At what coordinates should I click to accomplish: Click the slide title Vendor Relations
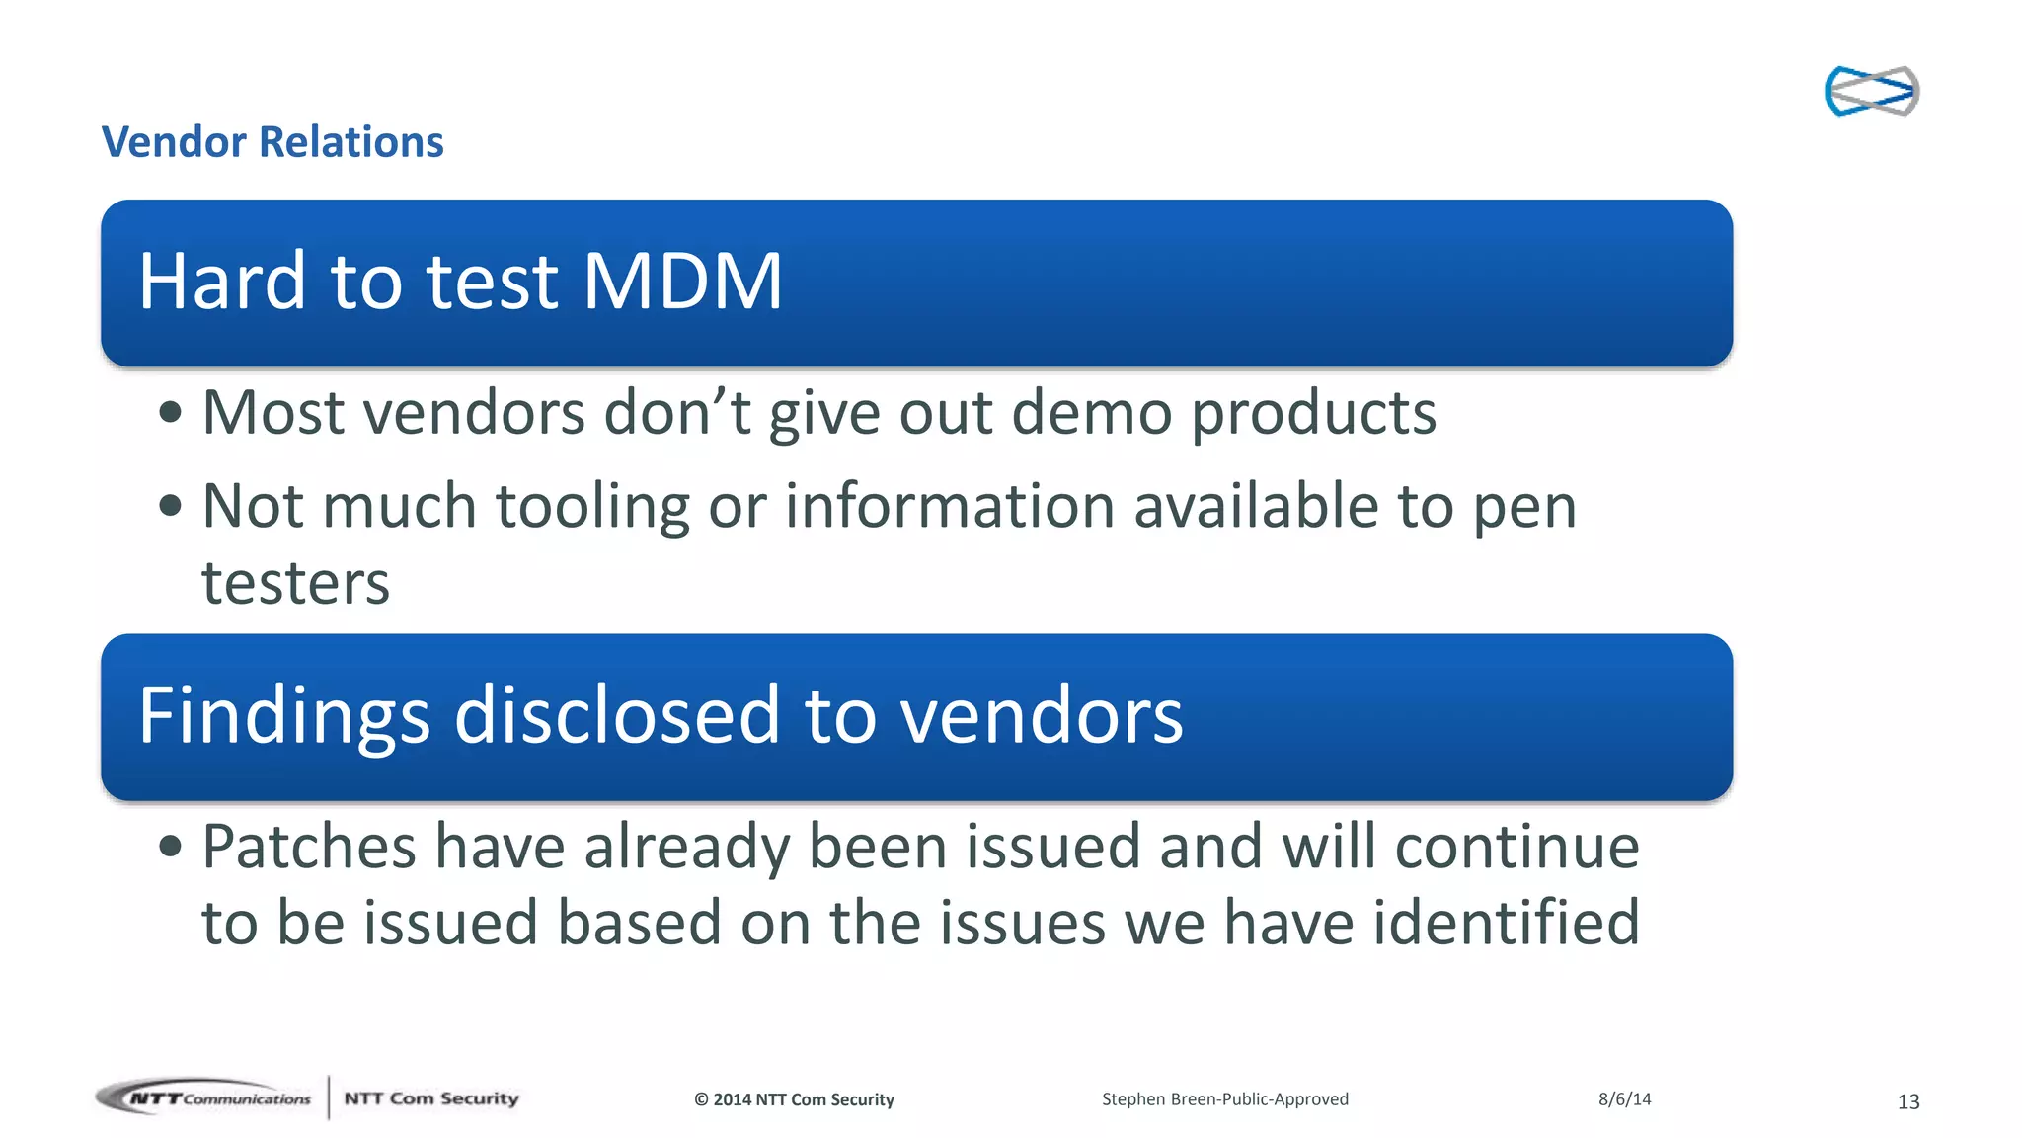(272, 142)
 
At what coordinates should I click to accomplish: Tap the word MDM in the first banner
(682, 283)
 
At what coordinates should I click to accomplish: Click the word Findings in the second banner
(284, 716)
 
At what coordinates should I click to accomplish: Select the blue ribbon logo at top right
(1871, 91)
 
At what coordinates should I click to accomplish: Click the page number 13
(1907, 1101)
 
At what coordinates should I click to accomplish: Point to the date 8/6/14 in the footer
(1624, 1098)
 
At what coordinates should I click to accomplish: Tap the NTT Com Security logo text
(430, 1098)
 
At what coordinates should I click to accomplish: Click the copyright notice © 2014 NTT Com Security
(794, 1099)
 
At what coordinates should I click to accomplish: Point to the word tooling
(591, 506)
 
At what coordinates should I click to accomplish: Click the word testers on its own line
(295, 583)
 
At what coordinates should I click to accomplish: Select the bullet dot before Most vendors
(170, 413)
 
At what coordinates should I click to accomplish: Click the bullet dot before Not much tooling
(170, 507)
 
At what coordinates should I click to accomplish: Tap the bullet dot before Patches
(170, 847)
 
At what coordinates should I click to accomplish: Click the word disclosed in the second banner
(617, 716)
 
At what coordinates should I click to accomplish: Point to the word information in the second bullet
(950, 506)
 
